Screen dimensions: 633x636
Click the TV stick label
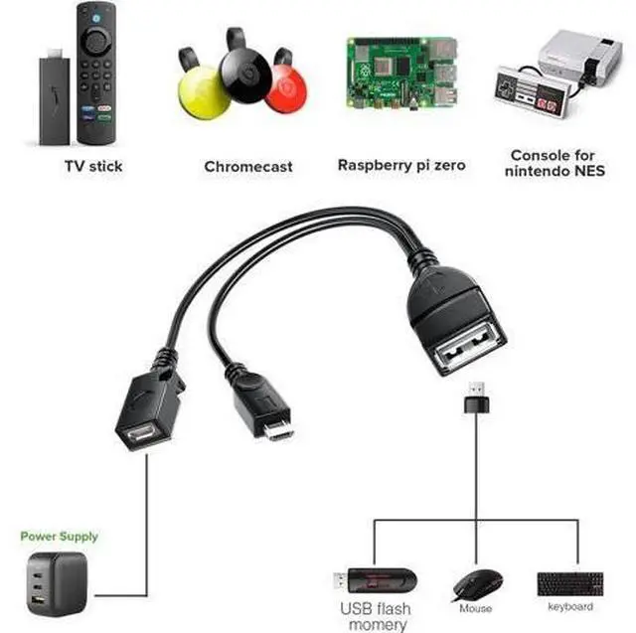coord(93,166)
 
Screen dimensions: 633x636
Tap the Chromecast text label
coord(248,166)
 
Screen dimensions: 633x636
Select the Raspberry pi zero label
coord(401,165)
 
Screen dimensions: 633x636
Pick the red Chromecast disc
coord(287,92)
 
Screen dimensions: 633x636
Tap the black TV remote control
coord(95,69)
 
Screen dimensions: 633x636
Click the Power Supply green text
coord(60,537)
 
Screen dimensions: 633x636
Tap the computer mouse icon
coord(477,583)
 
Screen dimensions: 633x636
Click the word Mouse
coord(476,607)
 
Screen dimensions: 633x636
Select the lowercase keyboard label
coord(569,606)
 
